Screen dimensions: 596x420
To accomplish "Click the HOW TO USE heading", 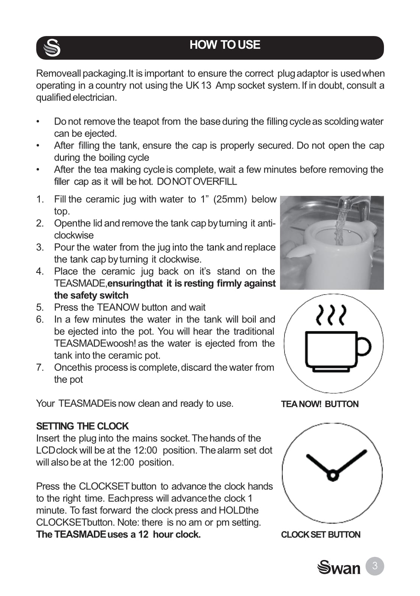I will click(224, 45).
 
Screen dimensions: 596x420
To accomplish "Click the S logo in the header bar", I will click(52, 48).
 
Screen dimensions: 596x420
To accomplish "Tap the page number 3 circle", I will click(374, 566).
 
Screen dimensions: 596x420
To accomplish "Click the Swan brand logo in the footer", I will click(339, 567).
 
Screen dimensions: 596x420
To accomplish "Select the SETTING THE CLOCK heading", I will click(82, 426).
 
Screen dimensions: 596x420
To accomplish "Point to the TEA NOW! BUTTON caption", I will click(320, 404).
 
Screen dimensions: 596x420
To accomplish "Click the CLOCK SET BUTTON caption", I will click(321, 535).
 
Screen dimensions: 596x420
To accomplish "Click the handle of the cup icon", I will click(363, 346).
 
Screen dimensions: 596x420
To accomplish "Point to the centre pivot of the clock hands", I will click(333, 475).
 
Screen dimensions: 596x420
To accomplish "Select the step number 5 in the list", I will click(40, 307).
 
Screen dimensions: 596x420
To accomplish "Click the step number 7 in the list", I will click(40, 367).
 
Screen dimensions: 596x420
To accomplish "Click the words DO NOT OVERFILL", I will click(197, 182).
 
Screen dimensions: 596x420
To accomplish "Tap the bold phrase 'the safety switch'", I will click(91, 295).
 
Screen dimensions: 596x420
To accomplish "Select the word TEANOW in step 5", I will click(118, 307).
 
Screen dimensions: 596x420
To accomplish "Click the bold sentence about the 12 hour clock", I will click(118, 534).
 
